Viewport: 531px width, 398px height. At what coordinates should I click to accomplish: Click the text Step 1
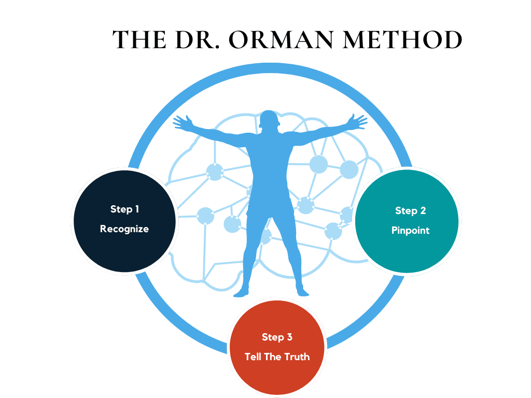pyautogui.click(x=124, y=209)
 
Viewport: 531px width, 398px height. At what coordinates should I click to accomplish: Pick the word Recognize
pyautogui.click(x=124, y=229)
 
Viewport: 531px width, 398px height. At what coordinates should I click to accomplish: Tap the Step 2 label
pyautogui.click(x=410, y=210)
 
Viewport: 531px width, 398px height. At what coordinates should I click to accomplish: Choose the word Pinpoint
pyautogui.click(x=410, y=230)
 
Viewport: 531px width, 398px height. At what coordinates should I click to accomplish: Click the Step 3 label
pyautogui.click(x=277, y=337)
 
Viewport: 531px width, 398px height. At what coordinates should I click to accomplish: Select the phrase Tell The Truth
pyautogui.click(x=277, y=357)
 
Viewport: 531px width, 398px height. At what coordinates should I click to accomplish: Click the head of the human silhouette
pyautogui.click(x=269, y=120)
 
